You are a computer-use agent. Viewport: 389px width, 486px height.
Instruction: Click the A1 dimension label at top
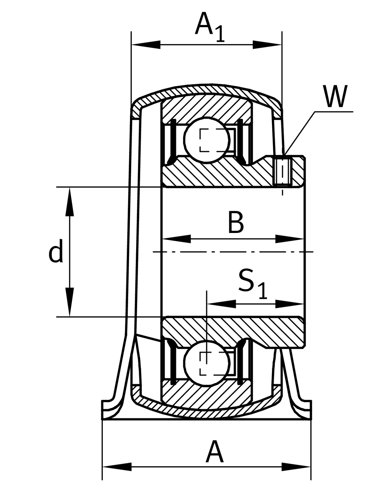(x=210, y=27)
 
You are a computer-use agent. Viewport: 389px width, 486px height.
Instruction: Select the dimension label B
(x=236, y=222)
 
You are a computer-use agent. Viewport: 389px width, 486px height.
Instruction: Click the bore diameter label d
(x=56, y=251)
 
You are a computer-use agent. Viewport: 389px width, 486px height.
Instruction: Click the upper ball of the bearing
(x=207, y=140)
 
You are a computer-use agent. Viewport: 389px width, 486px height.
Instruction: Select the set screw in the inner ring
(x=283, y=171)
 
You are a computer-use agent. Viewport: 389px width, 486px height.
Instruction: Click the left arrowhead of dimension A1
(x=146, y=45)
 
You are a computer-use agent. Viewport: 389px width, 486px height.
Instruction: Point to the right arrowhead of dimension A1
(x=267, y=45)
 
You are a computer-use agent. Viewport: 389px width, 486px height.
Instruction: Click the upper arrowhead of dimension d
(x=70, y=202)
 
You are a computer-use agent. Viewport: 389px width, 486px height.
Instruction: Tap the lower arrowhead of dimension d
(x=70, y=302)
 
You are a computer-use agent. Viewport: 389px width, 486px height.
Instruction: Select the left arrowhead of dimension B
(x=177, y=239)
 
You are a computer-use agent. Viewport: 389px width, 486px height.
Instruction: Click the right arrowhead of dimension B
(x=290, y=239)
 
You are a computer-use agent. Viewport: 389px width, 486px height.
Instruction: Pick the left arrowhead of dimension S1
(x=221, y=304)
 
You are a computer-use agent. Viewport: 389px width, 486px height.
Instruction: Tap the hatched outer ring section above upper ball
(x=206, y=106)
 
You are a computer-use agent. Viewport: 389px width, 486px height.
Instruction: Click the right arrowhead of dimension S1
(x=290, y=304)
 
